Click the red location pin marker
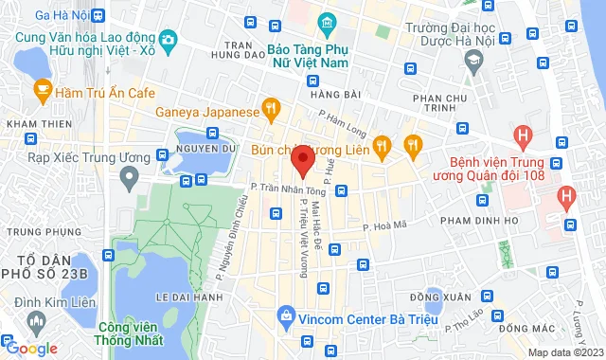pyautogui.click(x=302, y=163)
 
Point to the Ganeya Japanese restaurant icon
pyautogui.click(x=272, y=112)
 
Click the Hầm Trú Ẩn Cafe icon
pyautogui.click(x=42, y=90)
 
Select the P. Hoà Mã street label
pyautogui.click(x=383, y=225)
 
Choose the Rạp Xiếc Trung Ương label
pyautogui.click(x=64, y=156)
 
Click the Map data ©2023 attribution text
pyautogui.click(x=564, y=352)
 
